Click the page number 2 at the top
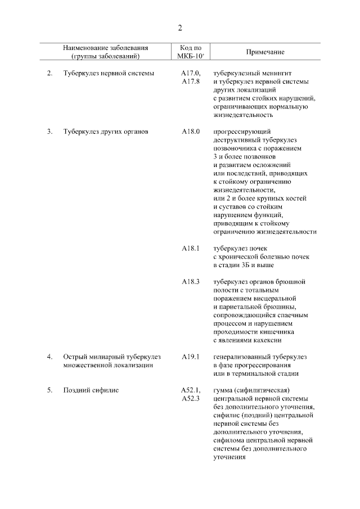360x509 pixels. click(x=180, y=29)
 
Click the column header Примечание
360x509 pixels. click(x=265, y=52)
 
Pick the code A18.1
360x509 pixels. click(x=191, y=248)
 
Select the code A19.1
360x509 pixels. click(x=191, y=357)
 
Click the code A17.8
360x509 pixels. click(x=191, y=82)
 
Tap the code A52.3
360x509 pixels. click(x=191, y=398)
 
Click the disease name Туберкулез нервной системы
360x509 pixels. click(x=109, y=73)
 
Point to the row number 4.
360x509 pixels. click(x=49, y=357)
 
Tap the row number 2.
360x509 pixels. click(x=49, y=73)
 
